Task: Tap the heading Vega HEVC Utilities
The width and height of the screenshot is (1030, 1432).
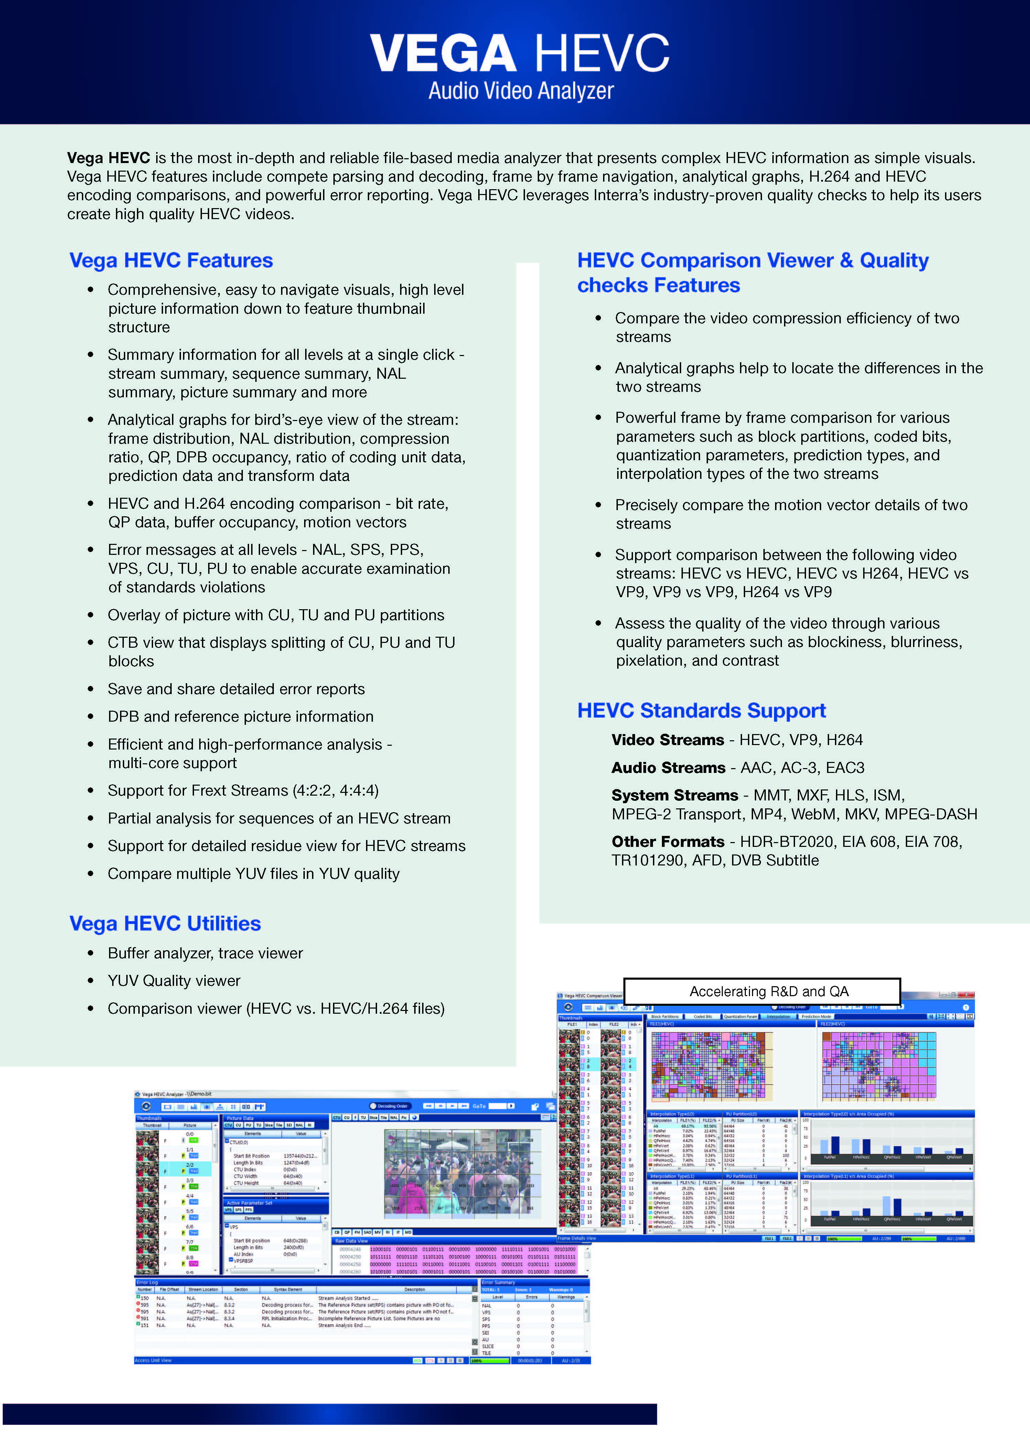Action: point(165,923)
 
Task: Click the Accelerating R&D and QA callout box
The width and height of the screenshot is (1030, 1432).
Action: point(762,991)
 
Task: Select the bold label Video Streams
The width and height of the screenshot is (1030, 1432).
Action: point(667,740)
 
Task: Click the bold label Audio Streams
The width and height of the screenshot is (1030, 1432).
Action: point(668,768)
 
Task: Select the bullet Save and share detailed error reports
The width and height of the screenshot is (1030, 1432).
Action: point(236,689)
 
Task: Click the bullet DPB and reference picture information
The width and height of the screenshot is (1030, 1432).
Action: point(240,717)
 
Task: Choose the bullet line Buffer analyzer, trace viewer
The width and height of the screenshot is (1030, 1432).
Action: point(205,954)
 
